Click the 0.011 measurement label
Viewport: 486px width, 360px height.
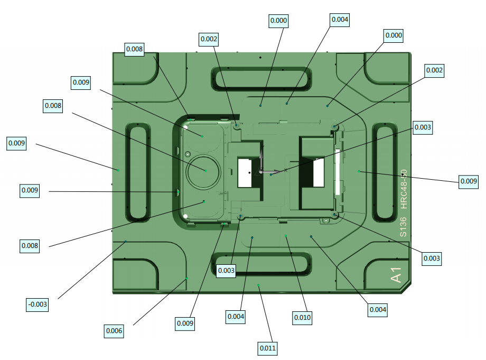coord(267,348)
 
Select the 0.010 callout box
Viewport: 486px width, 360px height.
coord(302,318)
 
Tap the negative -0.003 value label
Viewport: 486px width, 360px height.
coord(37,304)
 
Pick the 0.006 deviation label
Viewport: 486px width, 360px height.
coord(114,331)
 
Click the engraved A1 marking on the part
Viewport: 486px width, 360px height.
coord(396,275)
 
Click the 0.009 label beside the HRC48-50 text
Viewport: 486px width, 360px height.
coord(469,181)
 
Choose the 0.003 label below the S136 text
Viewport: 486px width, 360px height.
coord(431,259)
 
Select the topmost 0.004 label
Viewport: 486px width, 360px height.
coord(340,20)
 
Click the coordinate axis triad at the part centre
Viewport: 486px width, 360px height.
coord(263,170)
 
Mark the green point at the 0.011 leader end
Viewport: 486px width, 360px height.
coord(258,285)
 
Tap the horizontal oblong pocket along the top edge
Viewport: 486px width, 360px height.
coord(260,78)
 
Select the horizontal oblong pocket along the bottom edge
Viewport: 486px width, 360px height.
coord(260,263)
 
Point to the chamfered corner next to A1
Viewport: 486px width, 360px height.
coord(406,288)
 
